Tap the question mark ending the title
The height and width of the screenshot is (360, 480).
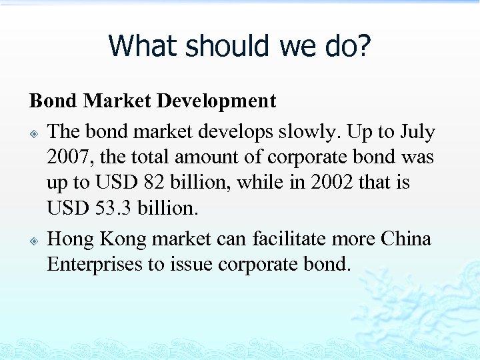pos(364,46)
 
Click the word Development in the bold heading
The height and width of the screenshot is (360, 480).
pos(217,101)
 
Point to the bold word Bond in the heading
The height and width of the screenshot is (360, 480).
pos(54,101)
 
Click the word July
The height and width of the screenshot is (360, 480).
pos(418,132)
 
